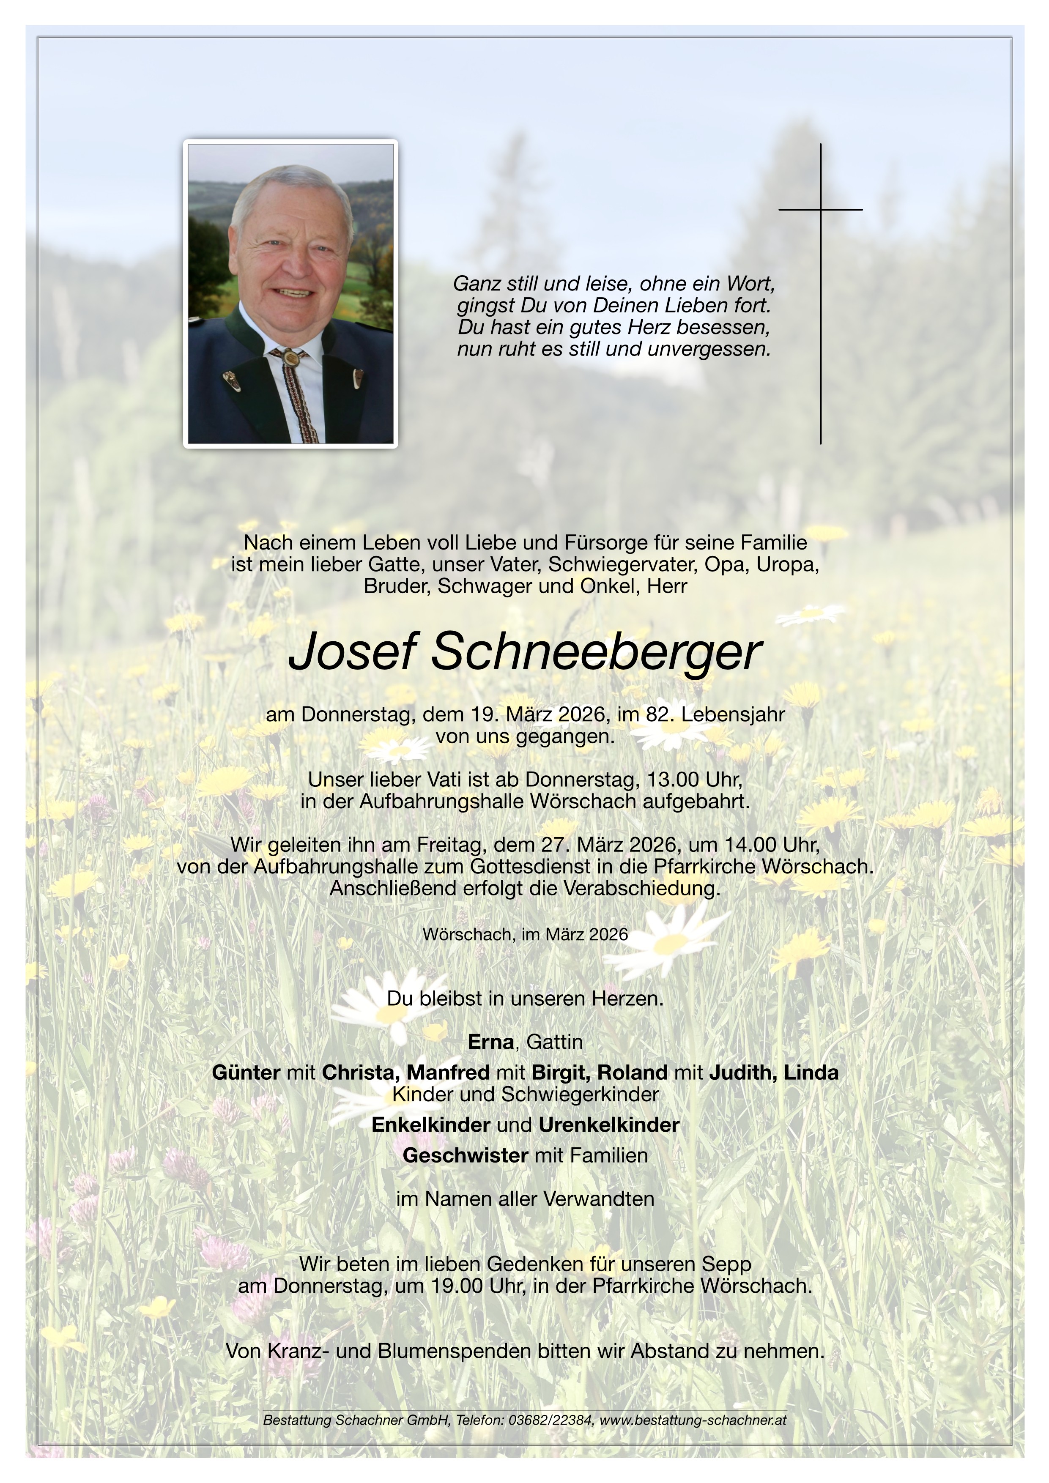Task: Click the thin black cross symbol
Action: (x=820, y=293)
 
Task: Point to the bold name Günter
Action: (x=246, y=1072)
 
